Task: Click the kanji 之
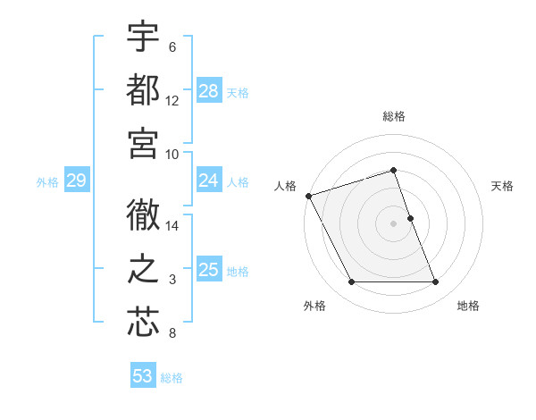[143, 268]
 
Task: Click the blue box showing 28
[209, 90]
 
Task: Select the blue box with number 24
[209, 181]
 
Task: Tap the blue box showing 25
[209, 270]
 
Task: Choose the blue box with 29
[76, 181]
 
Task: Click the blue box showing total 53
[143, 376]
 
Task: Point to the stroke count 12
[172, 101]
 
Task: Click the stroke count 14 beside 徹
[172, 226]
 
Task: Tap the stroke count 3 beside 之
[172, 281]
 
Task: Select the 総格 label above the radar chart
[393, 116]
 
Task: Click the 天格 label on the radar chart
[502, 186]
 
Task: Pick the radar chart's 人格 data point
[308, 195]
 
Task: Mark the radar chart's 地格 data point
[436, 282]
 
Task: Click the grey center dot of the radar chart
[393, 223]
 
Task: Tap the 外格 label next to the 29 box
[47, 182]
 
